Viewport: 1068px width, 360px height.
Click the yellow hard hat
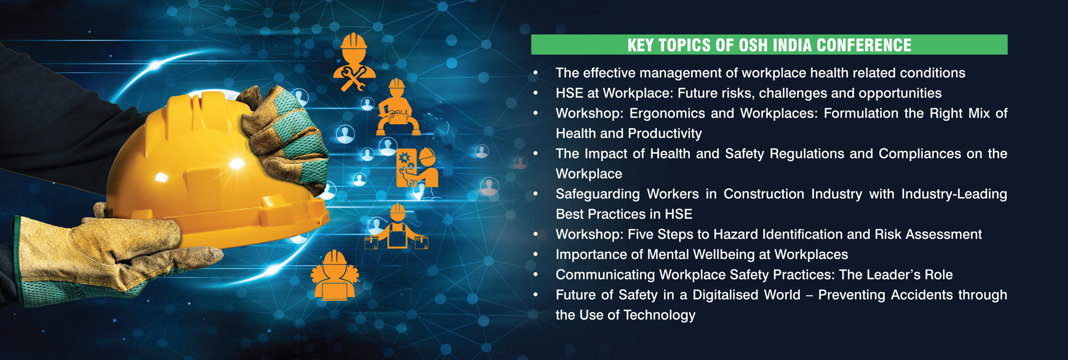[216, 171]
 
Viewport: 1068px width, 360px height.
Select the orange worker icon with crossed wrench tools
[354, 62]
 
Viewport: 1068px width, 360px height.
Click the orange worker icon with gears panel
[418, 167]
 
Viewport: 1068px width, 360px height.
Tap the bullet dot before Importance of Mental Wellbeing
[535, 254]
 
